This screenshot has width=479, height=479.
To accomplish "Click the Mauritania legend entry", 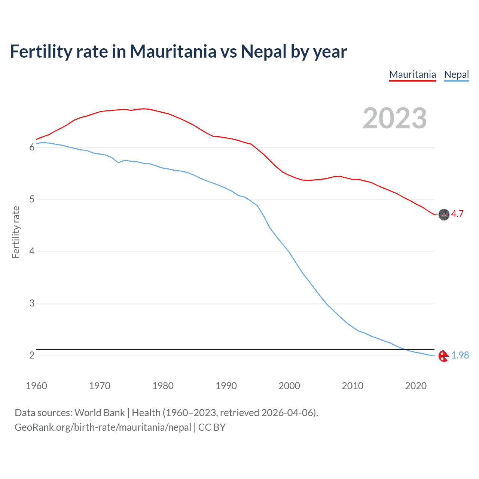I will point(412,74).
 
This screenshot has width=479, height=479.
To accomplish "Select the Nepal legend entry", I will point(456,74).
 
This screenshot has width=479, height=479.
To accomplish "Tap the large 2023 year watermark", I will point(394,118).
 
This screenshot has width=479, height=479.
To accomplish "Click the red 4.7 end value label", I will point(457,214).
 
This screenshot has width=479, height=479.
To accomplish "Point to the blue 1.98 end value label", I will point(460,355).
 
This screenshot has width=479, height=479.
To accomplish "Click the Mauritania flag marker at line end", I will point(444,214).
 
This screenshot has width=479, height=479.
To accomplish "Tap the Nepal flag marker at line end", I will point(443,356).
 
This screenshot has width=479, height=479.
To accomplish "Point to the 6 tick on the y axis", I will point(32,147).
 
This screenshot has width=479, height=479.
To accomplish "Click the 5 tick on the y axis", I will point(32,199).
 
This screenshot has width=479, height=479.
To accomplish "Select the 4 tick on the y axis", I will point(32,251).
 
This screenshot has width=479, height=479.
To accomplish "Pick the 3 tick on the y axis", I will point(32,303).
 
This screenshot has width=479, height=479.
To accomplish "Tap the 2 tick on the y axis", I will point(32,355).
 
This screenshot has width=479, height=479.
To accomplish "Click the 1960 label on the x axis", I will point(36,386).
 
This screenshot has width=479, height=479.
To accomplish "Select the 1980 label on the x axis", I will point(163,386).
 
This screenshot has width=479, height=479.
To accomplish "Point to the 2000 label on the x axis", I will point(289,386).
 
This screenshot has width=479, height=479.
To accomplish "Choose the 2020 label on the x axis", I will point(416,386).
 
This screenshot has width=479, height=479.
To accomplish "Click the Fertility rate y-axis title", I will point(16,232).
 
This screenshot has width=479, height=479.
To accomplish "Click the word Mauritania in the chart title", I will point(173,51).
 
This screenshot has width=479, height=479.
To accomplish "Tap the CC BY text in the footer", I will point(212,427).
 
